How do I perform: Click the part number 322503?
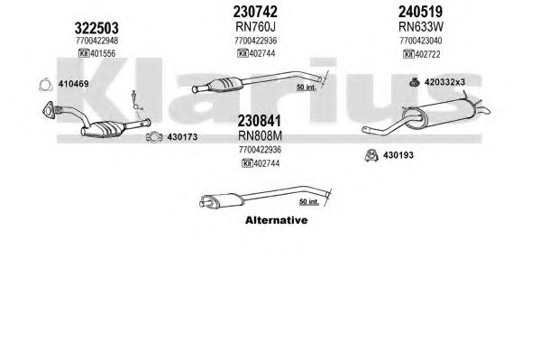tap(96, 28)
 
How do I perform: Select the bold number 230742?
tap(255, 12)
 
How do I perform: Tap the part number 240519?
tap(420, 12)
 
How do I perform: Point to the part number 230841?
tap(260, 121)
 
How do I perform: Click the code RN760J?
tap(255, 26)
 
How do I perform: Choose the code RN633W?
tap(421, 26)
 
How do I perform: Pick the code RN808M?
tap(260, 136)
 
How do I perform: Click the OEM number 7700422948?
tap(97, 41)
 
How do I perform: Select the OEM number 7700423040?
tap(421, 41)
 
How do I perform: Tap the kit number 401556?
tap(103, 53)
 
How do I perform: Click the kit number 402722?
tap(427, 54)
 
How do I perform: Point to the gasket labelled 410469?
tap(46, 85)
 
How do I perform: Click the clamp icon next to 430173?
tap(154, 137)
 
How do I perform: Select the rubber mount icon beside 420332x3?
tap(415, 82)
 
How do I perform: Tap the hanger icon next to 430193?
tap(371, 155)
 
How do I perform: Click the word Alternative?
tap(276, 220)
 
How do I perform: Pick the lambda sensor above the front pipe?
tap(137, 101)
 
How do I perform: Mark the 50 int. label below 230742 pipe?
tap(307, 88)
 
